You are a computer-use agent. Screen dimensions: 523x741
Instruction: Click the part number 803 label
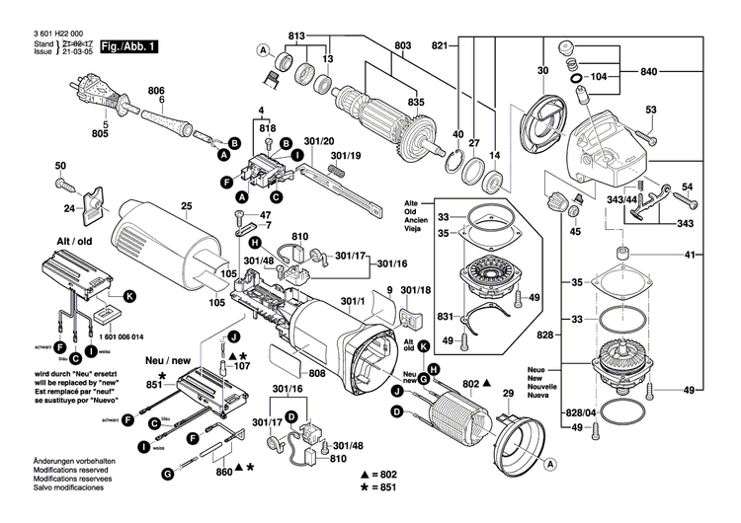(x=402, y=45)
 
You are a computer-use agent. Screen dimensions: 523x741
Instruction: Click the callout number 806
(x=156, y=91)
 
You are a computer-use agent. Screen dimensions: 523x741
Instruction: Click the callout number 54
(x=688, y=187)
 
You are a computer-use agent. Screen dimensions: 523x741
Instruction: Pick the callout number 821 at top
(x=440, y=45)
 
